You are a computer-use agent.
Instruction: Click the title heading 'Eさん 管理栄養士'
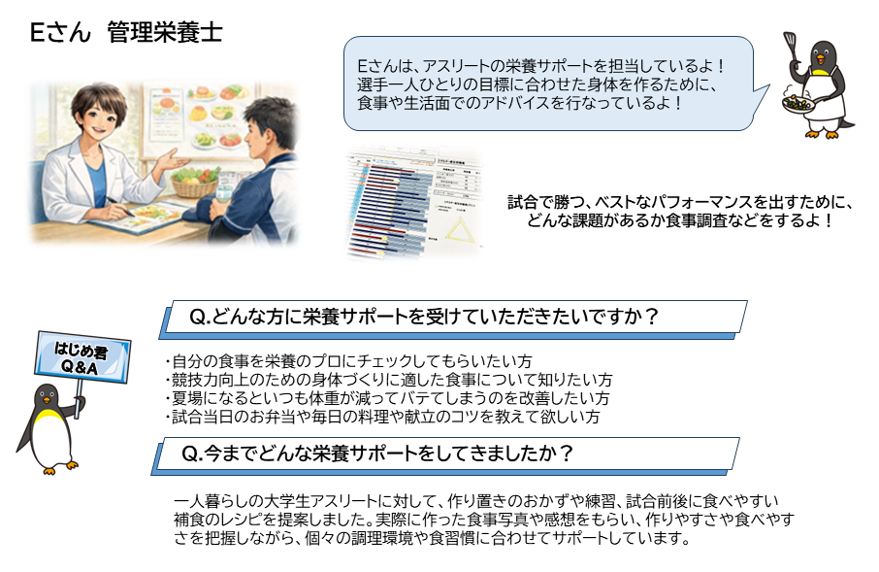pyautogui.click(x=126, y=33)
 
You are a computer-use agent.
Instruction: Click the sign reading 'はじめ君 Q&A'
pyautogui.click(x=82, y=356)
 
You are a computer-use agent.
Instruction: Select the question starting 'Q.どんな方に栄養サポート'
pyautogui.click(x=423, y=317)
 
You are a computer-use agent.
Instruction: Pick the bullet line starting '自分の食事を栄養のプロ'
pyautogui.click(x=349, y=360)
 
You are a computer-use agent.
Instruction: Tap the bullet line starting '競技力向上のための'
pyautogui.click(x=388, y=379)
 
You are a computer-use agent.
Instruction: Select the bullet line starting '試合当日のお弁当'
pyautogui.click(x=382, y=417)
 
